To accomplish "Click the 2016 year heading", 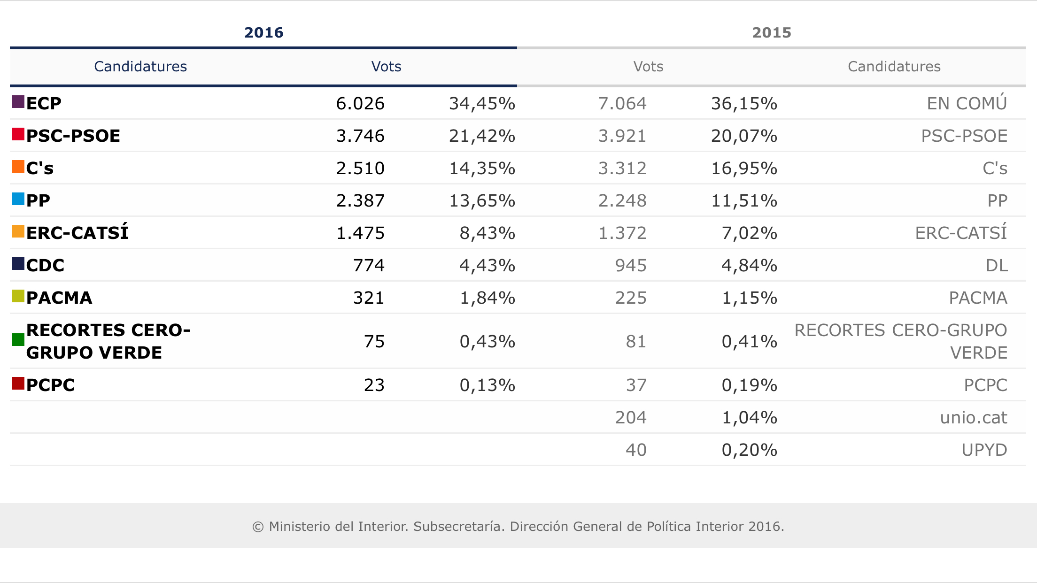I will pos(263,32).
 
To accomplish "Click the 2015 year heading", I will pos(771,32).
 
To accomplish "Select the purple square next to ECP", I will pos(18,102).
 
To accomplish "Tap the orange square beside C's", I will pos(18,167).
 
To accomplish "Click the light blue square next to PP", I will pos(18,199).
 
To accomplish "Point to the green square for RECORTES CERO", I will pos(18,339).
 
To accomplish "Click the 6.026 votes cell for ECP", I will pos(360,103).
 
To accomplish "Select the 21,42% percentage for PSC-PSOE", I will pos(482,136).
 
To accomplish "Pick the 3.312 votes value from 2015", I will pos(622,168).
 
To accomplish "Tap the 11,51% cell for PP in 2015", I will pos(744,200).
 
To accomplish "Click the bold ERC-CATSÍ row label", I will pos(77,233).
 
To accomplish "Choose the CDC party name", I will pos(45,265).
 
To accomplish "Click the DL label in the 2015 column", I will pos(996,265).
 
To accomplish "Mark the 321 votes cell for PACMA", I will pos(369,298).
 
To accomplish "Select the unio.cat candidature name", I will pos(973,417).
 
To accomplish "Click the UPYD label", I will pos(984,450).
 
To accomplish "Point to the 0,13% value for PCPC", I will pos(487,385).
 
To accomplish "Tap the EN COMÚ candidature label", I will pos(967,103).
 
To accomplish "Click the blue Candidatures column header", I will pos(140,66).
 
